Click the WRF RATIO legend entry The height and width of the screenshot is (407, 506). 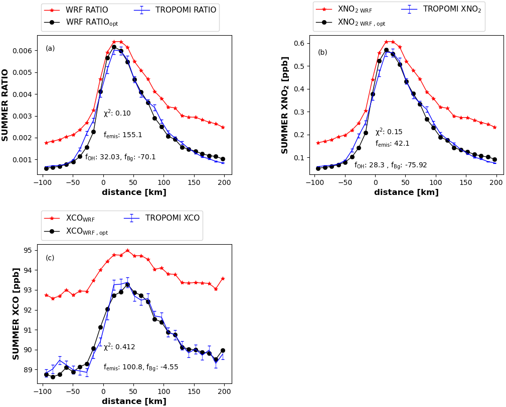tap(86, 10)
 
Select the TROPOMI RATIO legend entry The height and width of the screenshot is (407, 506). tap(186, 10)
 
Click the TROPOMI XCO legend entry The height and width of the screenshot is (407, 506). tap(172, 218)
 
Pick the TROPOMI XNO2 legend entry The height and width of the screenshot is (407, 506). tap(452, 9)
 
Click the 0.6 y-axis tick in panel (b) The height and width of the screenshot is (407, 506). tap(299, 43)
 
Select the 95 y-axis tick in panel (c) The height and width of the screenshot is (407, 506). tap(27, 250)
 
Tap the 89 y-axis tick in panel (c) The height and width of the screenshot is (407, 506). tap(27, 370)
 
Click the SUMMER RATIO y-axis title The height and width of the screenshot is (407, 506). tap(6, 105)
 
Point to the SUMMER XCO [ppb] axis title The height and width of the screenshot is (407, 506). tap(16, 314)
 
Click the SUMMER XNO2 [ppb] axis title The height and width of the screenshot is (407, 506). tap(285, 105)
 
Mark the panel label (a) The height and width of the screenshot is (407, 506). tap(50, 49)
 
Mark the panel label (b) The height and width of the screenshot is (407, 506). tap(322, 53)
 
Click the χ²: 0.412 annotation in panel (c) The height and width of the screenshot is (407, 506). tap(119, 347)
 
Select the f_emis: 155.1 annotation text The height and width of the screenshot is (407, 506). tap(123, 135)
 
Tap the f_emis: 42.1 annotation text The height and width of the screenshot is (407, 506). tap(392, 144)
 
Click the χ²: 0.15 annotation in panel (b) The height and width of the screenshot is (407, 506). tap(389, 132)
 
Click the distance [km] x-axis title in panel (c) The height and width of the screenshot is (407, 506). tap(134, 401)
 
